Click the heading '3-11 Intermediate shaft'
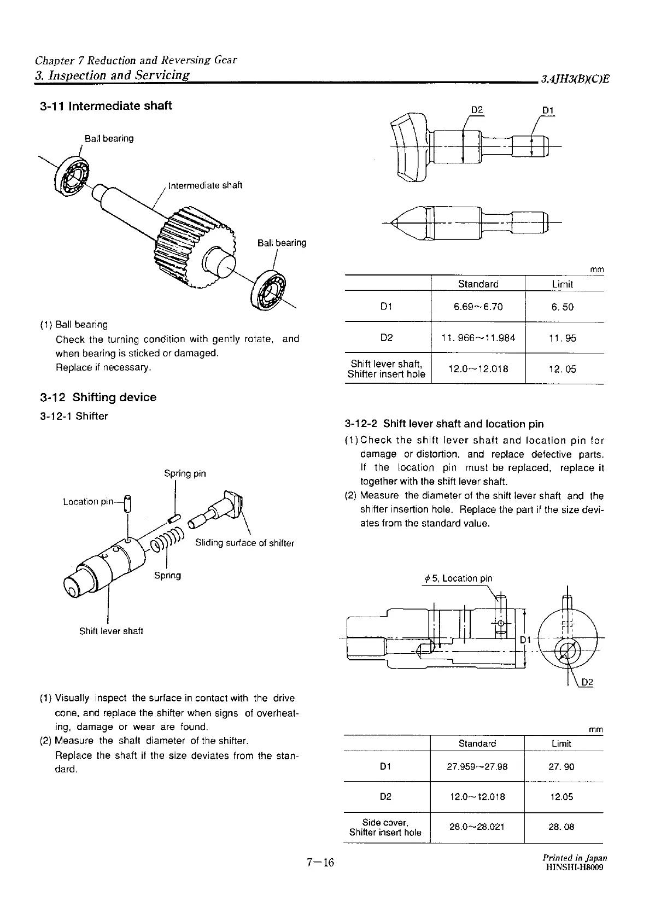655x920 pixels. pos(106,106)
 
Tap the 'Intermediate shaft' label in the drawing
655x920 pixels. pos(205,185)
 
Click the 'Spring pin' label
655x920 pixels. pos(185,473)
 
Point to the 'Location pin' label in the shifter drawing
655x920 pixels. pos(89,501)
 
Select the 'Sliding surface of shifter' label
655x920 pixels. pos(244,543)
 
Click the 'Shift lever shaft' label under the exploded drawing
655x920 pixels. pos(111,631)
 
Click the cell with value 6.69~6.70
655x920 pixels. pos(478,307)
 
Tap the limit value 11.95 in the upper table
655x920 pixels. pos(563,338)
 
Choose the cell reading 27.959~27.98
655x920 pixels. pos(477,766)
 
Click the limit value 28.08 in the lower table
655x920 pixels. pos(562,827)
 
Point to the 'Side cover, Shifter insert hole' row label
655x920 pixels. pos(385,827)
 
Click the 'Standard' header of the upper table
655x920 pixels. pos(478,284)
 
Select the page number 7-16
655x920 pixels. pos(320,863)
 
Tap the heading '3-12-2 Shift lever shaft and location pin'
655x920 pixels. pos(444,424)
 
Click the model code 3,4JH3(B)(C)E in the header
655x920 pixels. pos(574,79)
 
